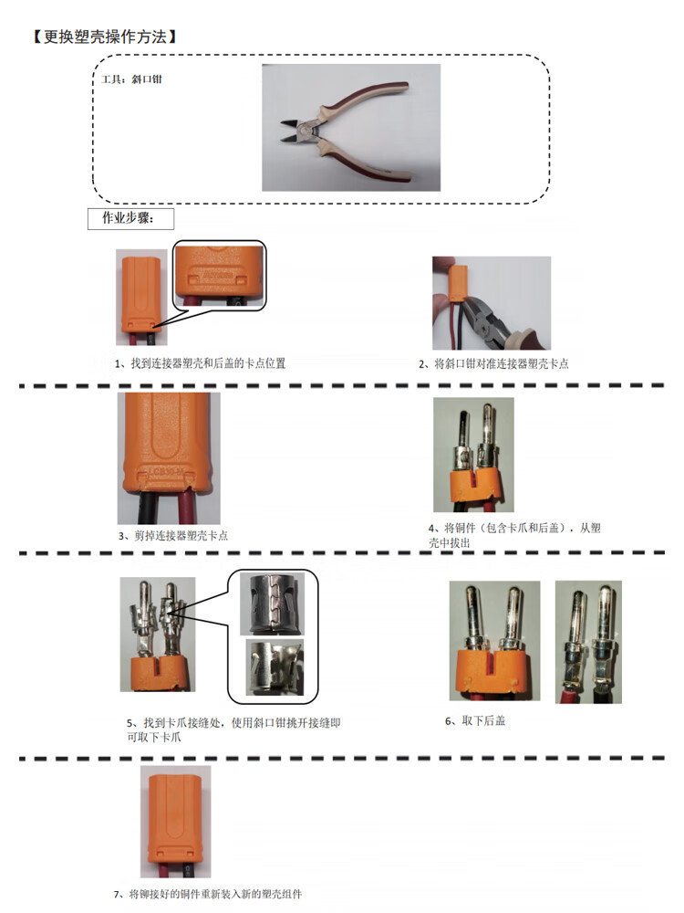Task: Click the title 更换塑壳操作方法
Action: [105, 37]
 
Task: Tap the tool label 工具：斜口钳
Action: [130, 79]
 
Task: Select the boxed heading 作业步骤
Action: [130, 218]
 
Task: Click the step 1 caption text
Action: [200, 363]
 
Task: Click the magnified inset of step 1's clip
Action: [219, 276]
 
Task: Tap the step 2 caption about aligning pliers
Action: [493, 364]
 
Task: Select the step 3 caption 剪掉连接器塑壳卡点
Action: [172, 536]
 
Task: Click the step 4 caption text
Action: [514, 535]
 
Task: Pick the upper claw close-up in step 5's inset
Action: [272, 603]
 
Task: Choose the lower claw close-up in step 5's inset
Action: [275, 667]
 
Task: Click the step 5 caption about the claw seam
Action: [233, 729]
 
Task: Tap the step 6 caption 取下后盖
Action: [475, 721]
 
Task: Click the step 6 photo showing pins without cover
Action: [588, 642]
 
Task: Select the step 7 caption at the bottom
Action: [208, 894]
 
